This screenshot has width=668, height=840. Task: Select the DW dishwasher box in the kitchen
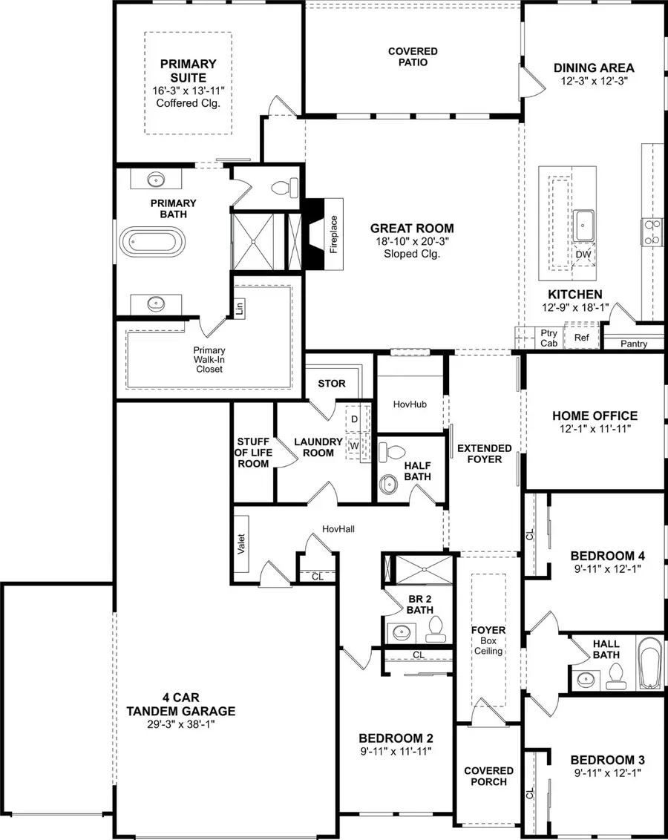[x=584, y=255]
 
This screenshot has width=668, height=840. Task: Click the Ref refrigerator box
[x=581, y=338]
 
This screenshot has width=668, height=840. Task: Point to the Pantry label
[x=634, y=344]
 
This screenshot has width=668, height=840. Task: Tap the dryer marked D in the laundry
[x=354, y=419]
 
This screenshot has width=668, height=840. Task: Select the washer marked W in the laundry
[x=354, y=444]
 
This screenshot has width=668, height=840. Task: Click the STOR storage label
[x=331, y=384]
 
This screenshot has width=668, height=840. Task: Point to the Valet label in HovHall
[x=241, y=545]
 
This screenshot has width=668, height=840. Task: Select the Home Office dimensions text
[x=595, y=429]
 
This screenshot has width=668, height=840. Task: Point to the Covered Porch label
[x=488, y=776]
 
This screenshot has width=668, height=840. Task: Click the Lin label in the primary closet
[x=239, y=307]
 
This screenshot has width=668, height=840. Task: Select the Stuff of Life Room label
[x=252, y=453]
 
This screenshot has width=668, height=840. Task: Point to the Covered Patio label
[x=413, y=57]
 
